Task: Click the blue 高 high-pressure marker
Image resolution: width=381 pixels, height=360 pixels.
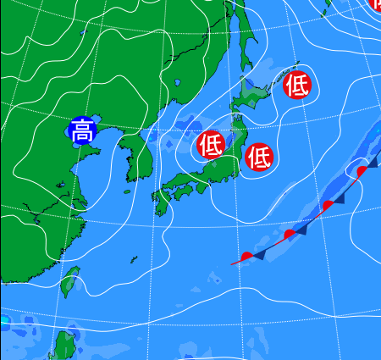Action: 82,131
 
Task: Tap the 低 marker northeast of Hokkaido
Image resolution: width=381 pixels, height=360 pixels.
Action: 297,85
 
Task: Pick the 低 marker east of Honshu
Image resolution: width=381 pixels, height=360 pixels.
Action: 259,156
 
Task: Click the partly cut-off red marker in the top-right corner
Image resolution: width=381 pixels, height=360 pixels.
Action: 375,3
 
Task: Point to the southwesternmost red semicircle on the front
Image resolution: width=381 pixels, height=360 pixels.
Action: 246,255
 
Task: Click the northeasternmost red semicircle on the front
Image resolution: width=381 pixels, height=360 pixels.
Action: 362,171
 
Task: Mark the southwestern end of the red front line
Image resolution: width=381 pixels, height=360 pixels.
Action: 232,264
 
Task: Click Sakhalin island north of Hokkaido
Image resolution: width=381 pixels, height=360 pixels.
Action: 240,34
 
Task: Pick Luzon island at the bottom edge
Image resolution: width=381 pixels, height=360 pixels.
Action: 64,346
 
